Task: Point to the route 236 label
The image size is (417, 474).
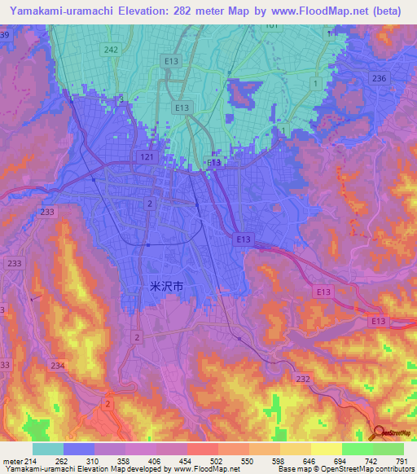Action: tap(379, 77)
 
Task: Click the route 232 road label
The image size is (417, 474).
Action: tap(303, 379)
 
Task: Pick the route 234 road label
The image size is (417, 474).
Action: tap(58, 366)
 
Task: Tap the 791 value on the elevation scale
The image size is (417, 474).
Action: tap(402, 461)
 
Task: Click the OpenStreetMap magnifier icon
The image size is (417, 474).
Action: tap(378, 432)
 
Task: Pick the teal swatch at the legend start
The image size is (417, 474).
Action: tap(48, 449)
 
